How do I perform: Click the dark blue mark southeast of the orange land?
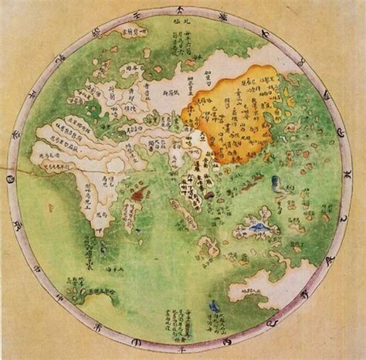276,183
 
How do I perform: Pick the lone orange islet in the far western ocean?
51,207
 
